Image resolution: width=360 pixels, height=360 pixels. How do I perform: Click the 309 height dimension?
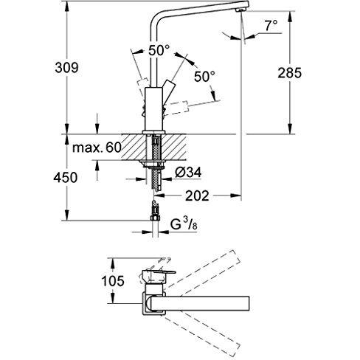67,68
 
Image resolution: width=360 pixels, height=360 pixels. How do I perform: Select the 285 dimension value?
289,73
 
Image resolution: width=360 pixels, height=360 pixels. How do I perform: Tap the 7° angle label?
271,26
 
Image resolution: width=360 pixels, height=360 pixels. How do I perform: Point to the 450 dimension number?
66,177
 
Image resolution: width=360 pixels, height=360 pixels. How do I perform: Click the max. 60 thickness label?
97,148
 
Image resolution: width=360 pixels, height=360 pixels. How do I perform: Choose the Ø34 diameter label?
188,173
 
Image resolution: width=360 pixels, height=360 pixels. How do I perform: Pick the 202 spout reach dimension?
197,195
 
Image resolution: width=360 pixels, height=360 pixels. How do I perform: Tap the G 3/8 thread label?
184,224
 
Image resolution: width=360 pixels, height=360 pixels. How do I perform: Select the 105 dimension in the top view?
113,281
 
